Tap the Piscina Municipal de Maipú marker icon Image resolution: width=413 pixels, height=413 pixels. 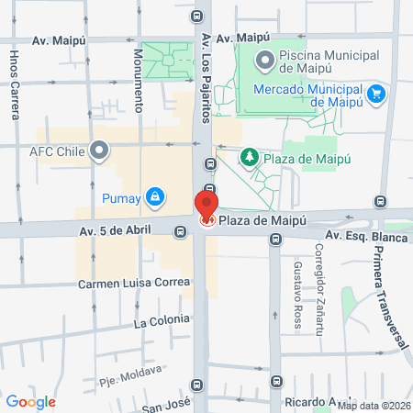point(265,61)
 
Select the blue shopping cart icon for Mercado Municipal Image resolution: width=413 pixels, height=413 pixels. point(375,93)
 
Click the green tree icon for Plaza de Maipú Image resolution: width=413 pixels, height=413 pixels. point(248,158)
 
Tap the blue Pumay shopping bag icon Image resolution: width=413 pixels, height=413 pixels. point(156,196)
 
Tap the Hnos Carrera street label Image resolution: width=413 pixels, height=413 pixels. point(14,92)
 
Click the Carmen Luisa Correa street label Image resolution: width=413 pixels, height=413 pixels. point(134,282)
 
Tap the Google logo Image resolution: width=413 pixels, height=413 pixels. point(30,401)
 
